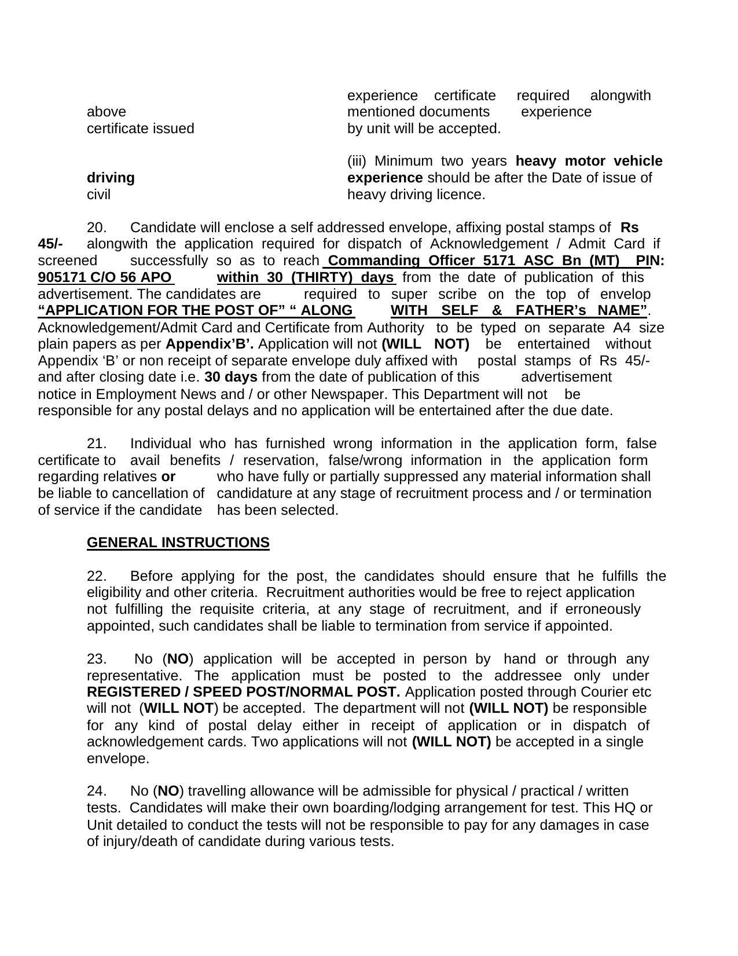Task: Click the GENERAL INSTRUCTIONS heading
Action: pyautogui.click(x=178, y=543)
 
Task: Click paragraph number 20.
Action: pyautogui.click(x=96, y=227)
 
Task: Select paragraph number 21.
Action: pyautogui.click(x=96, y=444)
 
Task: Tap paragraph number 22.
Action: pyautogui.click(x=96, y=576)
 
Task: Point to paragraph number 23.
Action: pyautogui.click(x=96, y=659)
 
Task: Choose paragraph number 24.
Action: pyautogui.click(x=96, y=791)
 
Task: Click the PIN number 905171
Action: pyautogui.click(x=60, y=277)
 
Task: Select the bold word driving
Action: pyautogui.click(x=111, y=178)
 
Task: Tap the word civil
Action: pyautogui.click(x=98, y=195)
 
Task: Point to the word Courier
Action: pyautogui.click(x=604, y=692)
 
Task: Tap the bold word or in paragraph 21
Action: pyautogui.click(x=168, y=477)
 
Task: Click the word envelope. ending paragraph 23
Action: pyautogui.click(x=118, y=759)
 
